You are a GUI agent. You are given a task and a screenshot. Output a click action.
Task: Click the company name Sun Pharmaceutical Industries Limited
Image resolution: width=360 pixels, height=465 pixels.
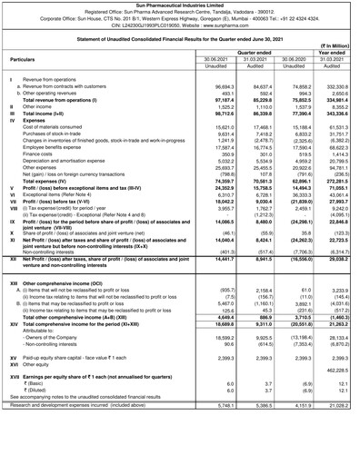(180, 5)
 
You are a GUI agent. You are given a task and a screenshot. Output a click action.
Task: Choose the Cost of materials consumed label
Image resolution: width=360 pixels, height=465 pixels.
(64, 127)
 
